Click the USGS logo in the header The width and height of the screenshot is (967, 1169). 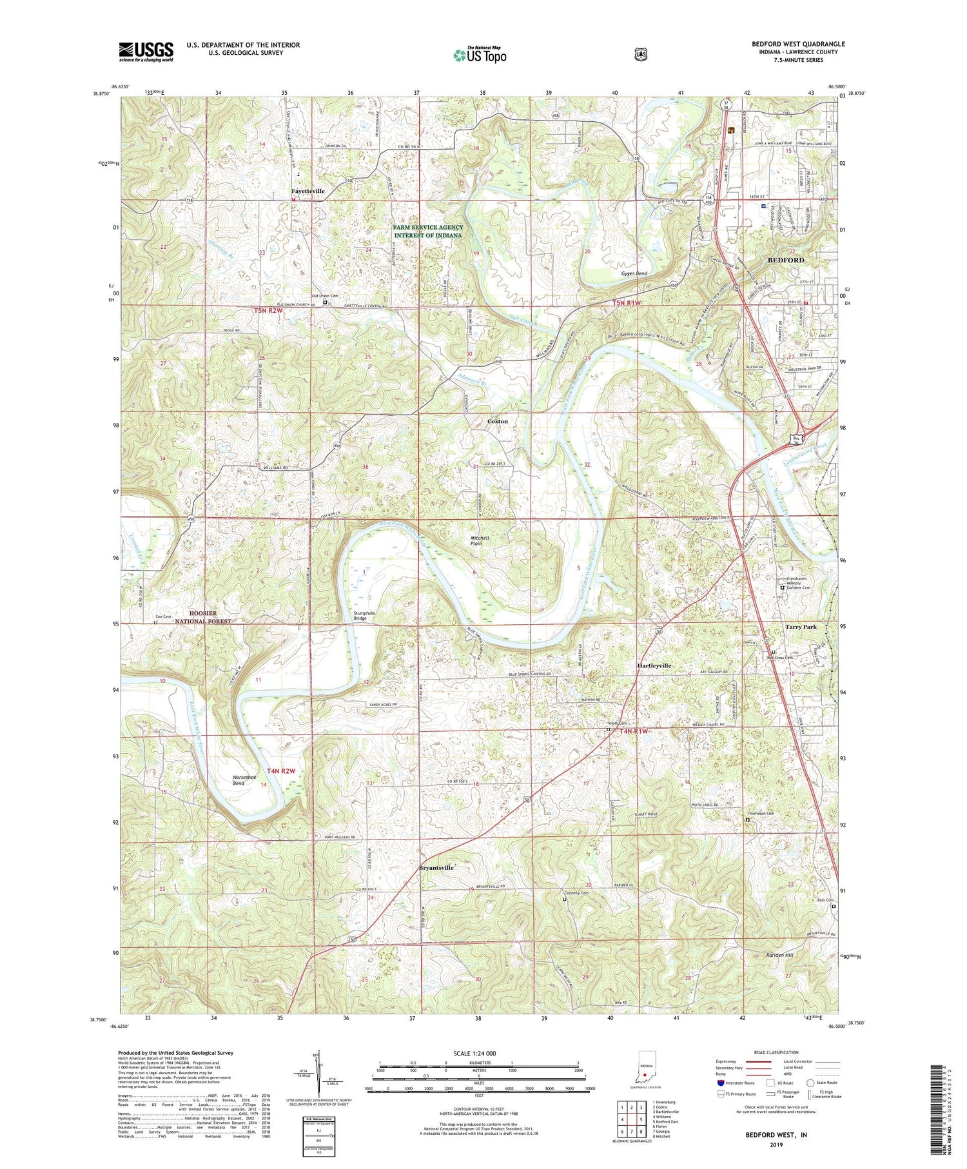click(146, 52)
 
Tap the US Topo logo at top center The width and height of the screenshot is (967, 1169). click(480, 55)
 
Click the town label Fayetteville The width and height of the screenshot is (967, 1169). click(308, 192)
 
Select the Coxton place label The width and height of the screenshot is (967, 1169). click(497, 421)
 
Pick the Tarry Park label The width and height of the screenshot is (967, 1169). click(801, 627)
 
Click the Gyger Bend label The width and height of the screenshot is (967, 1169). click(634, 274)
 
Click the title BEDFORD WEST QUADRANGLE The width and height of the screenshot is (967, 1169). click(797, 44)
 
